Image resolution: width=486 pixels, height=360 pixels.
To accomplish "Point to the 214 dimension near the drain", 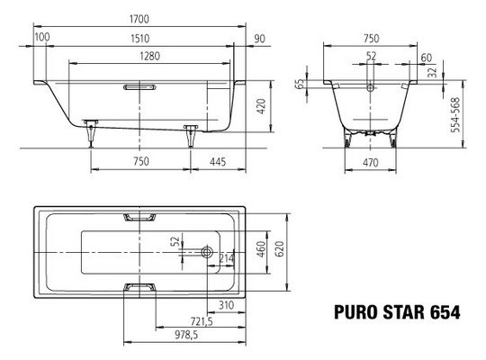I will pos(227,259).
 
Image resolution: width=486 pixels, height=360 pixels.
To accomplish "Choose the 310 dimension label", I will pos(227,307).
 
